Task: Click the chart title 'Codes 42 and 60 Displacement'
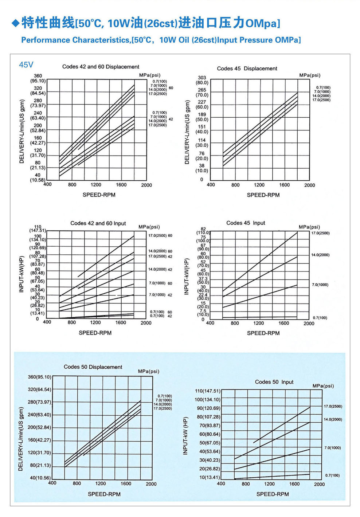pyautogui.click(x=101, y=67)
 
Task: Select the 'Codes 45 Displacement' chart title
pyautogui.click(x=247, y=68)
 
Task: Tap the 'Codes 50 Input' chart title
pyautogui.click(x=274, y=382)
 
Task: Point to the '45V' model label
pyautogui.click(x=26, y=65)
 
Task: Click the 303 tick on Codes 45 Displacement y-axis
pyautogui.click(x=202, y=78)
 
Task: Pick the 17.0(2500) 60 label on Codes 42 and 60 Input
pyautogui.click(x=160, y=236)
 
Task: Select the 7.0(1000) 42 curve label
pyautogui.click(x=160, y=295)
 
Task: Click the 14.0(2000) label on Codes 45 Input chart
pyautogui.click(x=320, y=255)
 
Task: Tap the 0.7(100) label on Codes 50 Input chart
pyautogui.click(x=332, y=475)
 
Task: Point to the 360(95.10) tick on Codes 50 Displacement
pyautogui.click(x=39, y=377)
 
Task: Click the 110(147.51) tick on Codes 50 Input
pyautogui.click(x=207, y=391)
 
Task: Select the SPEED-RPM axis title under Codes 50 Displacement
pyautogui.click(x=104, y=494)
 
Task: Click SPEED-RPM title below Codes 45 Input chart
pyautogui.click(x=263, y=333)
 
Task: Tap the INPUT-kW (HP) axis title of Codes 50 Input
pyautogui.click(x=185, y=436)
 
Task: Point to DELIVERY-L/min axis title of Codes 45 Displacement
pyautogui.click(x=187, y=132)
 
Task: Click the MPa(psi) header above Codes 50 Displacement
pyautogui.click(x=148, y=371)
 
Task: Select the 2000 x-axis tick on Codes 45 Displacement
pyautogui.click(x=309, y=185)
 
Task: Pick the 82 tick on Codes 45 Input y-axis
pyautogui.click(x=203, y=229)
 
